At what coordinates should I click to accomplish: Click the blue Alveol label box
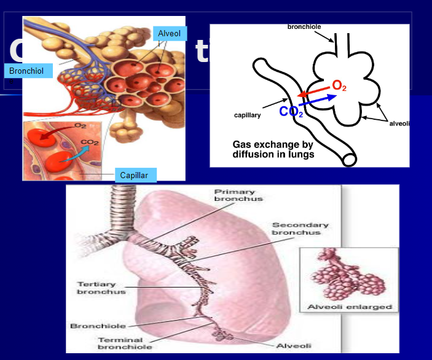(170, 34)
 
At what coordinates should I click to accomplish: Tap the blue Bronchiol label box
(26, 71)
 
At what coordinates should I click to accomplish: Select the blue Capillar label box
(135, 175)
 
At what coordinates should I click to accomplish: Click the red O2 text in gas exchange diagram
(339, 86)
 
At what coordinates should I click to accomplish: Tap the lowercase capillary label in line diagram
(249, 115)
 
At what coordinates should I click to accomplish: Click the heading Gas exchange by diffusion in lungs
(273, 150)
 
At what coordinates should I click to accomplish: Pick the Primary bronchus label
(238, 195)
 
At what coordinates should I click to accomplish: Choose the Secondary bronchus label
(300, 229)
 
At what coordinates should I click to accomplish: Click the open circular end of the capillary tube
(349, 159)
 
